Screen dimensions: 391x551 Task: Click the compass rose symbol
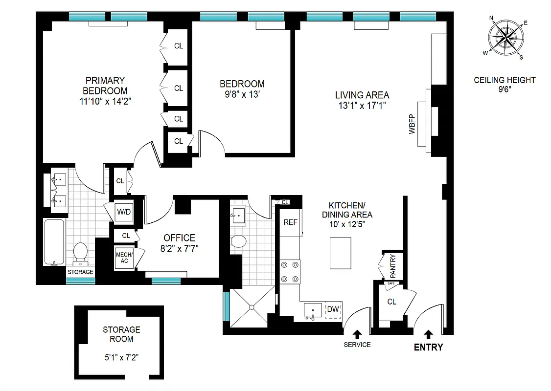(506, 38)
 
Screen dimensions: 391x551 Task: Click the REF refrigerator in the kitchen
(291, 222)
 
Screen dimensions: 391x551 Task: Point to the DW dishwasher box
(333, 309)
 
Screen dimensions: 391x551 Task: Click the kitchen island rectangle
(341, 253)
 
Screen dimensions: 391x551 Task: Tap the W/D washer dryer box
(123, 213)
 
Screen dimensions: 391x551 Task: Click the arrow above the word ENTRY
(429, 334)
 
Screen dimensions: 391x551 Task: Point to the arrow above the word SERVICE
(357, 334)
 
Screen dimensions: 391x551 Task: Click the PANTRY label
(392, 264)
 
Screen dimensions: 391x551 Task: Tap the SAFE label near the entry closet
(391, 283)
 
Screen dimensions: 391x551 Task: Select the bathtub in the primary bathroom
(54, 242)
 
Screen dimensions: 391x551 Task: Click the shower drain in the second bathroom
(252, 307)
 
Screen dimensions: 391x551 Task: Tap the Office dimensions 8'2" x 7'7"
(179, 248)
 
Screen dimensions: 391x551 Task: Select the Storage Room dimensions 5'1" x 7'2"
(121, 357)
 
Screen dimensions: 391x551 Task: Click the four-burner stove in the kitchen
(289, 272)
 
